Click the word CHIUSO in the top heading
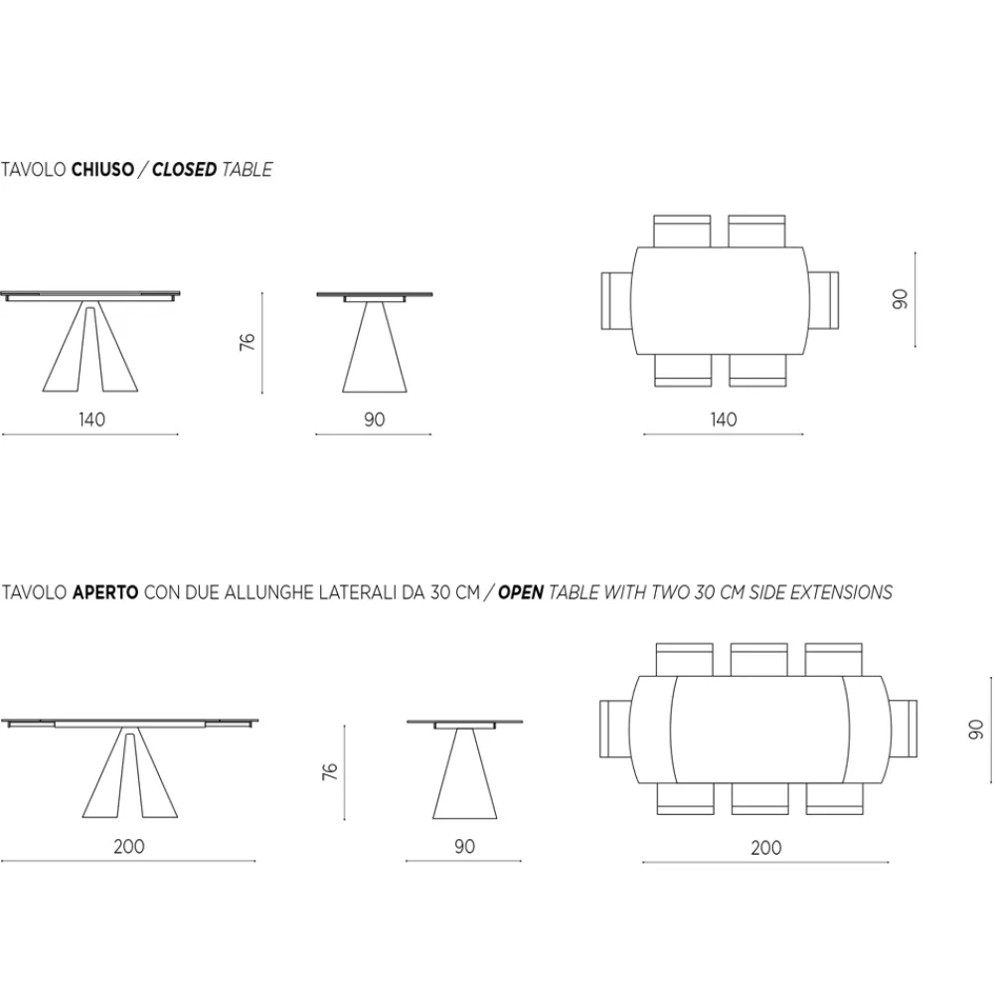[x=102, y=170]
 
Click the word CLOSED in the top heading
[x=185, y=170]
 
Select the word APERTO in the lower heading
[x=105, y=592]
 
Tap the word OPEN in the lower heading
[x=521, y=592]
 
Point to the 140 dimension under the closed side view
[x=91, y=419]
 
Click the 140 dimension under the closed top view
[x=724, y=419]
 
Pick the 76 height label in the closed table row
[x=248, y=342]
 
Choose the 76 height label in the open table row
[x=330, y=771]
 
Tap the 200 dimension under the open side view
[x=128, y=847]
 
